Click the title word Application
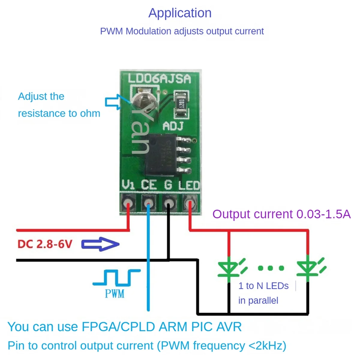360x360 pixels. coord(180,13)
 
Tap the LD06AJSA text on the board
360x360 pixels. coord(159,79)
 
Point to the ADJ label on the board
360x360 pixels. coord(173,126)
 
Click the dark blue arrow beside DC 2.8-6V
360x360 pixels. coord(100,244)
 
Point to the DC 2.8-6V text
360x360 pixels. coord(45,244)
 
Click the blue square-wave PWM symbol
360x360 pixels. coord(116,277)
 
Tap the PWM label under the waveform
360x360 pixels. coord(115,293)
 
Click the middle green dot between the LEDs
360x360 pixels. coord(271,268)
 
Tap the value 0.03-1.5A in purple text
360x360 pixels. coord(323,214)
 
